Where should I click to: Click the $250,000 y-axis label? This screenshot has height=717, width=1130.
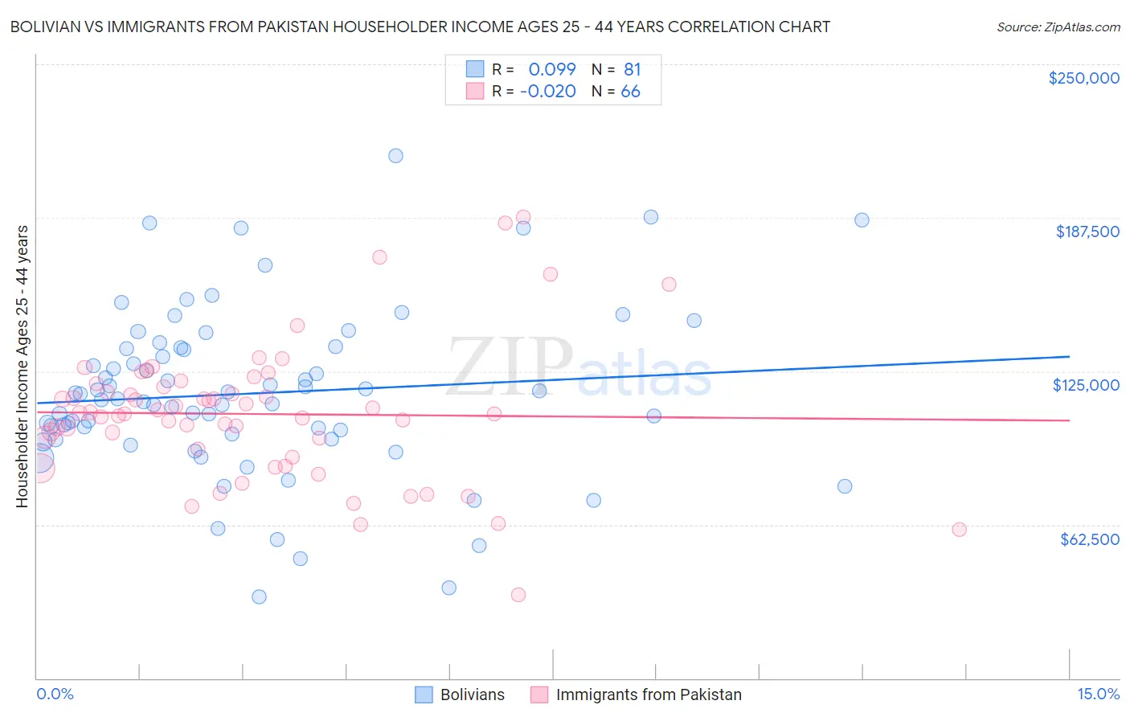click(1083, 78)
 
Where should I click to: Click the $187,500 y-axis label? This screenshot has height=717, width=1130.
click(1087, 231)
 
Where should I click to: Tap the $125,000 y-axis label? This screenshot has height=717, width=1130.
click(1086, 385)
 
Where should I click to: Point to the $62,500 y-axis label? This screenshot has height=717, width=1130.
click(1089, 539)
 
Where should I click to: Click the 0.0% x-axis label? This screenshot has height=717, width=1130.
click(55, 694)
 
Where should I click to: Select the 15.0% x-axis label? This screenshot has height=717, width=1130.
click(1098, 694)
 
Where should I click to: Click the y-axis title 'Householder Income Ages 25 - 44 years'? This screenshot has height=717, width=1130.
click(23, 367)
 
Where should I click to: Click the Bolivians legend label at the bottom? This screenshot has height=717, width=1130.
click(473, 694)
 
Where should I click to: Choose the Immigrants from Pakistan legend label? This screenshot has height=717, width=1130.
click(649, 694)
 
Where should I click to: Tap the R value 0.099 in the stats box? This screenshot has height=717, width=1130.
click(552, 69)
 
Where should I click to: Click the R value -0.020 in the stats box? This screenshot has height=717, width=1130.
click(548, 92)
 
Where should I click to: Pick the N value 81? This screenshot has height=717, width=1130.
click(631, 69)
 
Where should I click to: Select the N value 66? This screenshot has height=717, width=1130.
click(631, 92)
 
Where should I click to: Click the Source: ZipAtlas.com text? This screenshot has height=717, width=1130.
click(1058, 27)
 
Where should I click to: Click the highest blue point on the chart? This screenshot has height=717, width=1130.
click(395, 156)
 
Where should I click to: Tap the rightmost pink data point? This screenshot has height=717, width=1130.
click(959, 529)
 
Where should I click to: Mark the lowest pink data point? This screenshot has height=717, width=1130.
click(518, 595)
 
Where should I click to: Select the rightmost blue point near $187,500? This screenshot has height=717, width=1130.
click(862, 220)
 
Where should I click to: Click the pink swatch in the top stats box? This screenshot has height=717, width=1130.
click(475, 92)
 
